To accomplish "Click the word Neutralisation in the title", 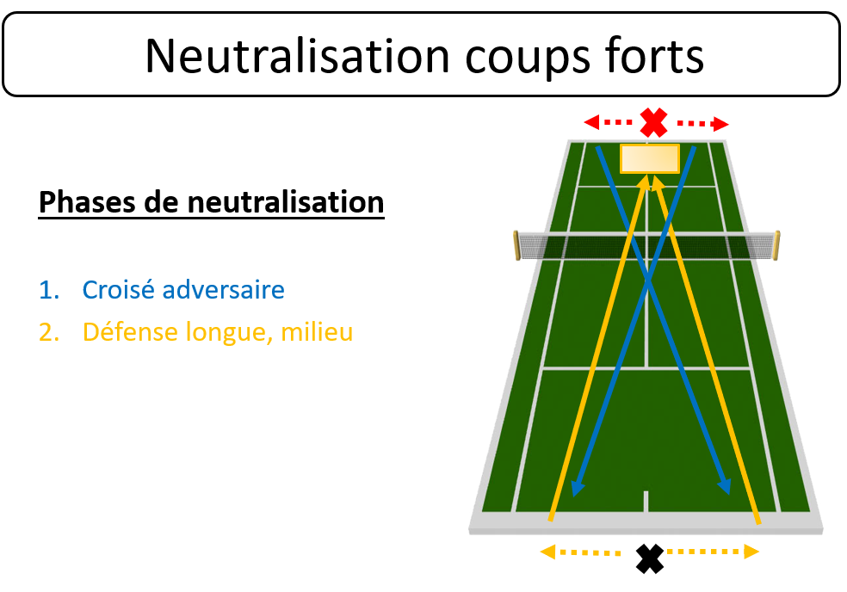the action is pyautogui.click(x=298, y=56).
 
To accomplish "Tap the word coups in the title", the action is pyautogui.click(x=528, y=59).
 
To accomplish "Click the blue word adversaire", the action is pyautogui.click(x=223, y=290).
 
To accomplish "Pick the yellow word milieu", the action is pyautogui.click(x=317, y=331).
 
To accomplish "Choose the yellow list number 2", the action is pyautogui.click(x=48, y=331).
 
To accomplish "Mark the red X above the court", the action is pyautogui.click(x=653, y=122).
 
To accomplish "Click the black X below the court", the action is pyautogui.click(x=649, y=558).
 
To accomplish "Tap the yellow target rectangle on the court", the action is pyautogui.click(x=649, y=159).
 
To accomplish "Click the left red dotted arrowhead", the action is pyautogui.click(x=591, y=122).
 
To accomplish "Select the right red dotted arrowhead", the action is pyautogui.click(x=721, y=124).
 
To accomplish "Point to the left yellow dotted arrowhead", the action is pyautogui.click(x=547, y=552).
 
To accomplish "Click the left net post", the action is pyautogui.click(x=516, y=245).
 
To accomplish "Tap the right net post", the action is pyautogui.click(x=776, y=245).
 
